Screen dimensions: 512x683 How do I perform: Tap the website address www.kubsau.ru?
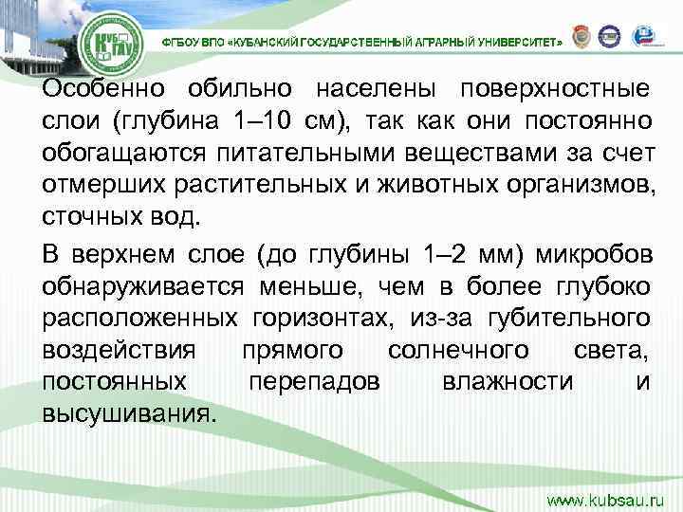[x=607, y=496]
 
